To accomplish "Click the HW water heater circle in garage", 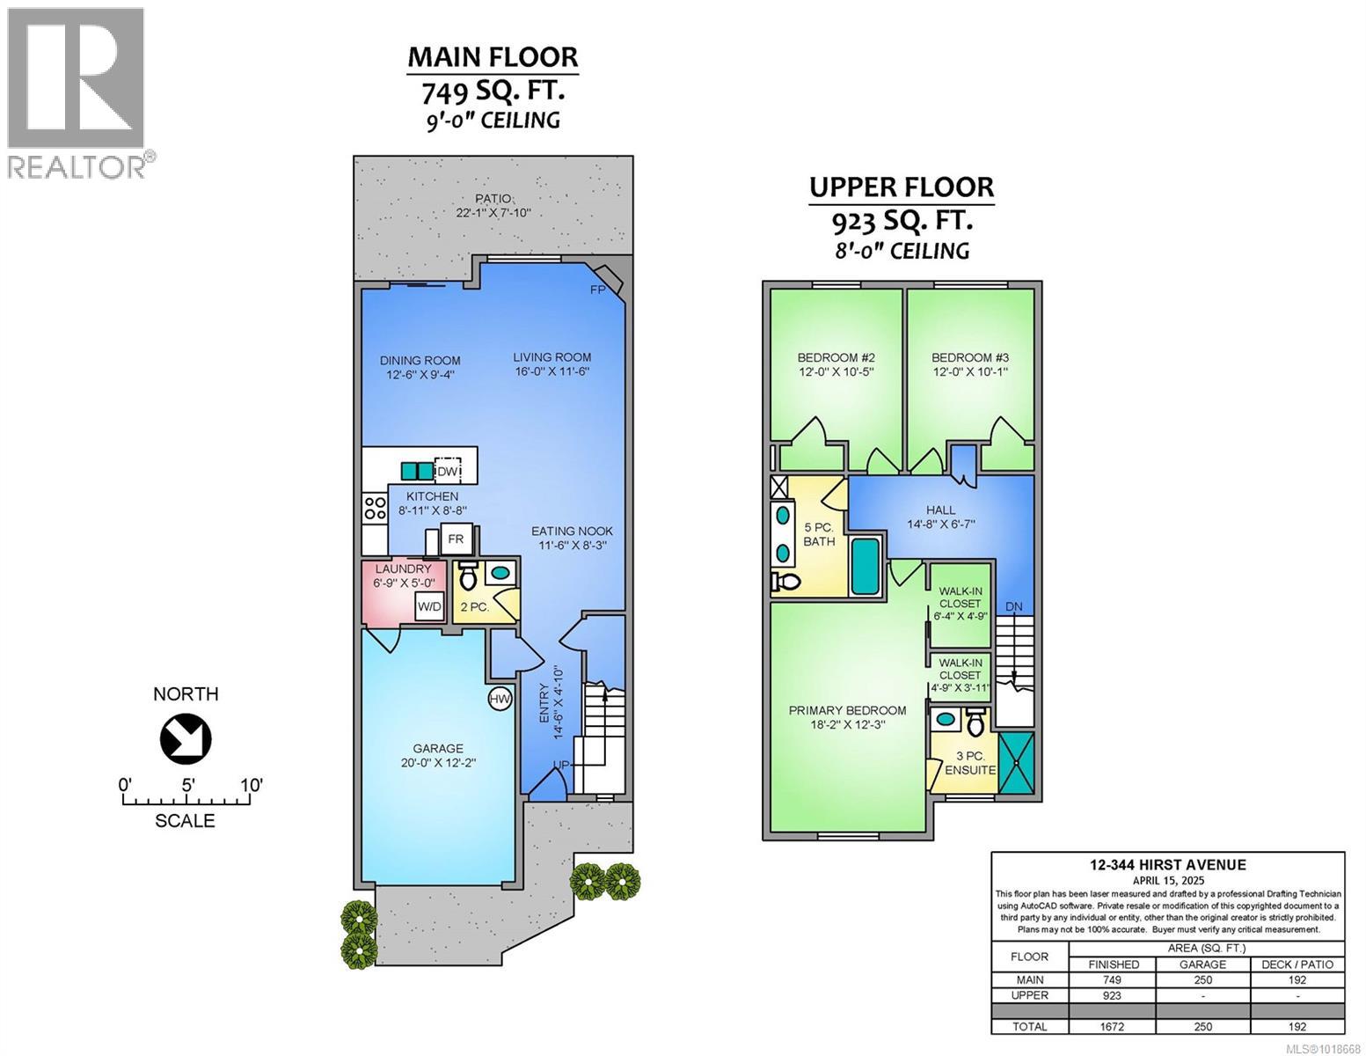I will [x=500, y=675].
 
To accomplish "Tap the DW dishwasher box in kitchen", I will [x=449, y=471].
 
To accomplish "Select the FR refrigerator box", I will [x=456, y=539].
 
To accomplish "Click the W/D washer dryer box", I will [x=429, y=606].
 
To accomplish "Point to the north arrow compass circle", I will [x=186, y=738].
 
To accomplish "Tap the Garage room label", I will [x=427, y=749].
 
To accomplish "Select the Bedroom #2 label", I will [x=836, y=357].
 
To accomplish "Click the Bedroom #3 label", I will [x=969, y=357].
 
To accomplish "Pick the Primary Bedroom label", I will [x=847, y=710].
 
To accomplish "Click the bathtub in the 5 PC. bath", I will [x=864, y=566].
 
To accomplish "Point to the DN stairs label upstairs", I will [x=1014, y=606].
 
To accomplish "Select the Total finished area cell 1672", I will [x=1113, y=1026].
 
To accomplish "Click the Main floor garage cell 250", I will [x=1202, y=979].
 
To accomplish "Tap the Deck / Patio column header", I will [x=1297, y=964].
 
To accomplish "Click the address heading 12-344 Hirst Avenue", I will [x=1167, y=865].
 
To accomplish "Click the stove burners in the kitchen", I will [x=376, y=508].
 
